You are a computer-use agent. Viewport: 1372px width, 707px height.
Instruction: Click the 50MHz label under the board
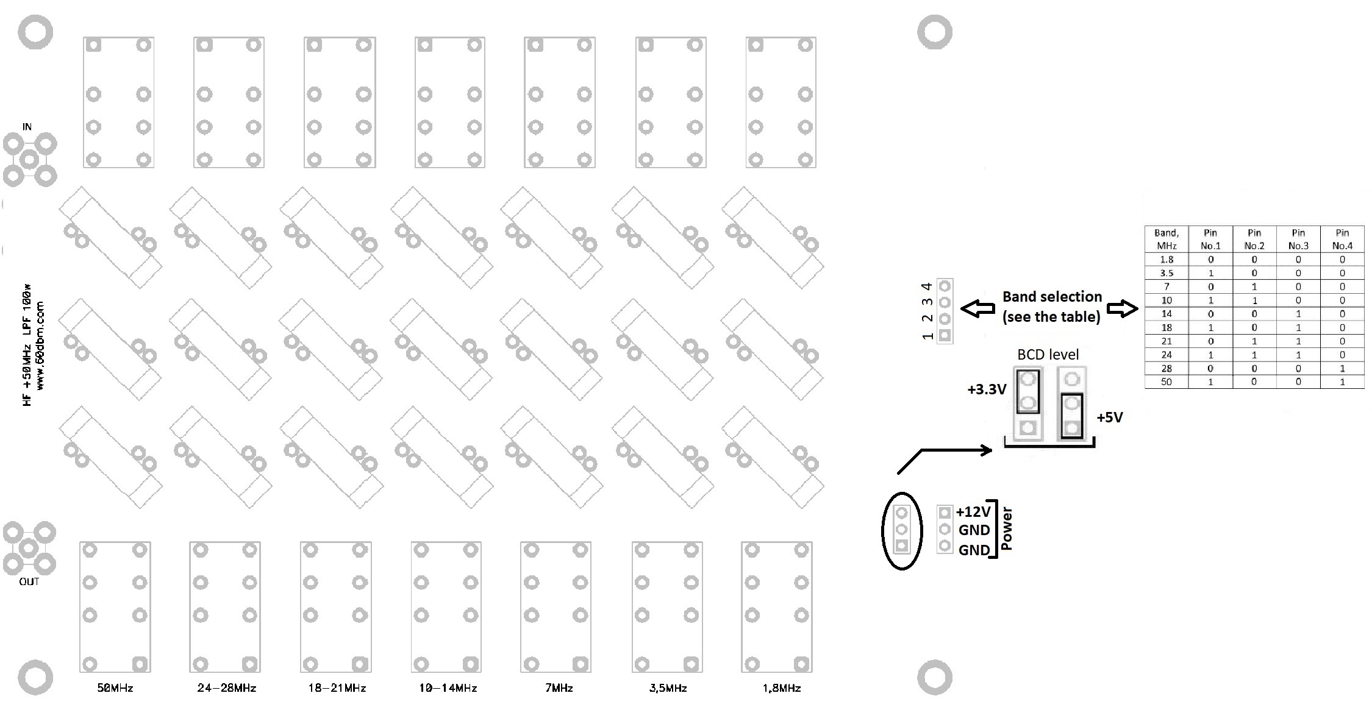pos(115,688)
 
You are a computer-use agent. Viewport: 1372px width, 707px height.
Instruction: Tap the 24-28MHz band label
pos(227,688)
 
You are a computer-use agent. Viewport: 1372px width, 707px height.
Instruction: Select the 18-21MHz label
pos(337,688)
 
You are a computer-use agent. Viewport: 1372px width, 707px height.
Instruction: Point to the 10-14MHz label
pos(448,688)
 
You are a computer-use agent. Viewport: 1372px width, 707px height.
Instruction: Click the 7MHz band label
pos(559,688)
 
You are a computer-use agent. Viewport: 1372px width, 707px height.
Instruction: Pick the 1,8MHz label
pos(782,688)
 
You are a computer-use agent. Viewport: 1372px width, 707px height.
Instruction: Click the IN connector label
pos(27,127)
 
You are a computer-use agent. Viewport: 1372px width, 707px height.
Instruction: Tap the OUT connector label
pos(29,582)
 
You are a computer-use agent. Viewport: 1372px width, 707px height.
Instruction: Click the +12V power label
pos(973,512)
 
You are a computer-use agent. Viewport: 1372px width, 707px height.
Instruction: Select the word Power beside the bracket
pos(1007,528)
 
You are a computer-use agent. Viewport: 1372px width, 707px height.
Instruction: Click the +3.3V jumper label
pos(987,389)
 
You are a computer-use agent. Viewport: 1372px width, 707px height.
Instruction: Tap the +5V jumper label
pos(1110,417)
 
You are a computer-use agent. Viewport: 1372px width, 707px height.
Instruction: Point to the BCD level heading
pos(1048,355)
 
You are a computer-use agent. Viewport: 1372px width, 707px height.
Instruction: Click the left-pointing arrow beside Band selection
pos(977,308)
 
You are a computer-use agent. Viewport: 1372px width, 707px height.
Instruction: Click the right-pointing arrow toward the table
pos(1122,308)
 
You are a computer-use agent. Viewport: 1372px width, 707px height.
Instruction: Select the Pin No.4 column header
pos(1342,239)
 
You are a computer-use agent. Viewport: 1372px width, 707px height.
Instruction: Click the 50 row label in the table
pos(1167,382)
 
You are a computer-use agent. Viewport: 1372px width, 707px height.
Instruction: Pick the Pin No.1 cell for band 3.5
pos(1210,273)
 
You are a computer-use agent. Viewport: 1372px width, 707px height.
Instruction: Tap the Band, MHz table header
pos(1167,239)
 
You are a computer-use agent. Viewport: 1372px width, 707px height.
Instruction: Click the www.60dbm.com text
pos(40,346)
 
